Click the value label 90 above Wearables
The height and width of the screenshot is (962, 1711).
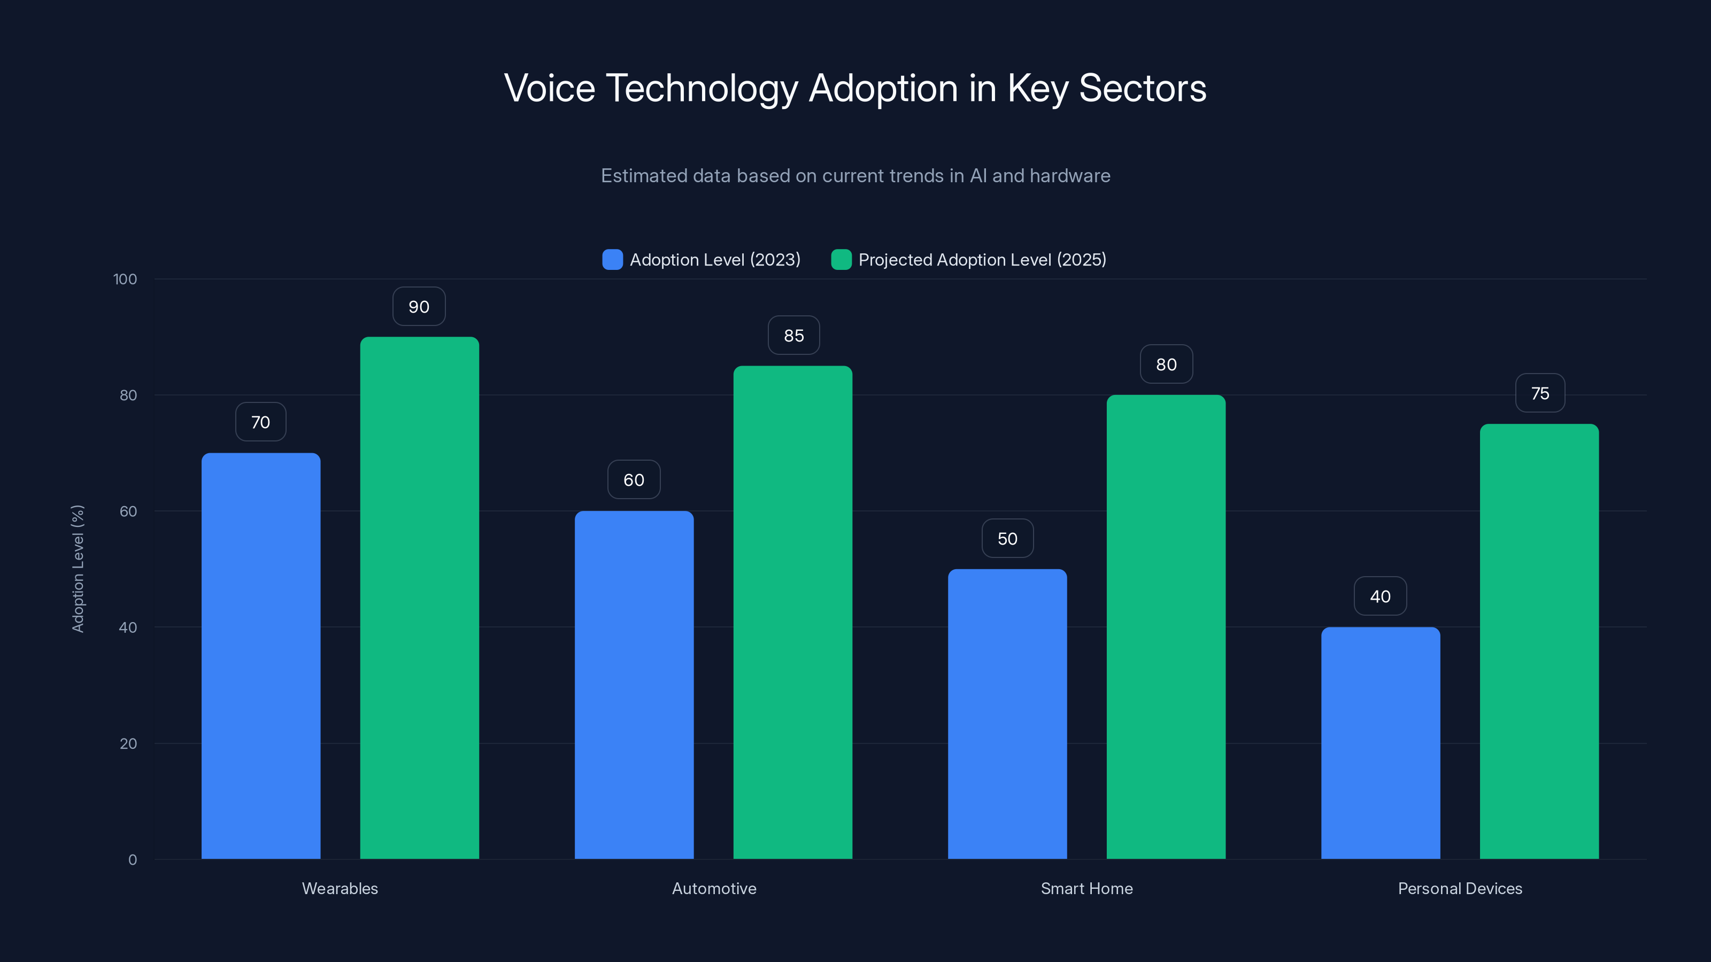coord(419,307)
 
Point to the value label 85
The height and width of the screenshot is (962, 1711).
coord(793,336)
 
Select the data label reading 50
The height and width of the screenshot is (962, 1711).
coord(1007,538)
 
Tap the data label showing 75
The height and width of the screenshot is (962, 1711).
coord(1540,394)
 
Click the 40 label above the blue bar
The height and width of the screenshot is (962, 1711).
coord(1379,596)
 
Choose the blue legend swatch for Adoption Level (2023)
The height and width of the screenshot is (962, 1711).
coord(612,260)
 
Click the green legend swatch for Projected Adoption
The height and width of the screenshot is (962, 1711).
coord(841,260)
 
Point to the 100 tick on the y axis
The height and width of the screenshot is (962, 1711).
coord(125,280)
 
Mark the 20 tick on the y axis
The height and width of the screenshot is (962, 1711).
coord(128,743)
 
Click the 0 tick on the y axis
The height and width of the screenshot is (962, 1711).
coord(132,860)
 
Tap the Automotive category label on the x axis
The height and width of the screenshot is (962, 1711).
coord(714,888)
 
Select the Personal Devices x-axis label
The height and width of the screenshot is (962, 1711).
coord(1459,888)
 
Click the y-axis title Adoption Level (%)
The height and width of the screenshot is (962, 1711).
coord(78,569)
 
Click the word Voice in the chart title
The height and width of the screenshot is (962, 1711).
coord(549,88)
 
